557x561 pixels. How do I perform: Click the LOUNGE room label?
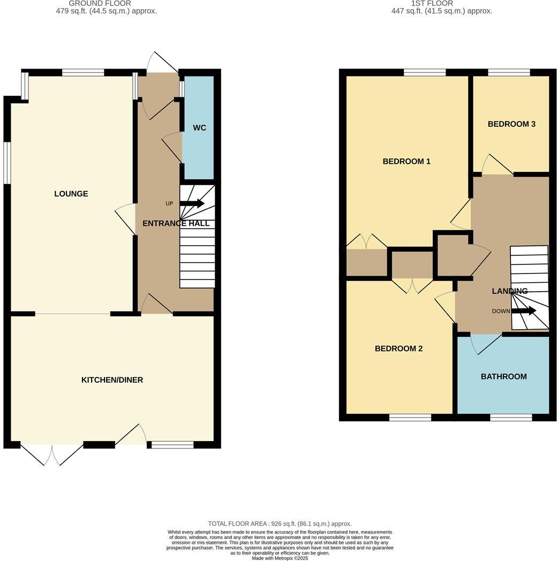point(71,194)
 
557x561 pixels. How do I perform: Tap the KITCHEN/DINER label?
point(112,380)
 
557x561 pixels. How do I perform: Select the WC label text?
point(199,128)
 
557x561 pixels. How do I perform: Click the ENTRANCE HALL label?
point(176,223)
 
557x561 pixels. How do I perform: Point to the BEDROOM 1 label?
point(407,161)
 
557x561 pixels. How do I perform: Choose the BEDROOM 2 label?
point(398,348)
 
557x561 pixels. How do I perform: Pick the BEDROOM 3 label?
point(511,124)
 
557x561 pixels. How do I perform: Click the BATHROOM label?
point(503,376)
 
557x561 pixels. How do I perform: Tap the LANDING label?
point(510,291)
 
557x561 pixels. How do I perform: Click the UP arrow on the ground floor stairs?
point(192,203)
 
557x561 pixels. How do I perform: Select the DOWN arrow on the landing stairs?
point(524,311)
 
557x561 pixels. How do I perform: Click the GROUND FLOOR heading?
point(92,3)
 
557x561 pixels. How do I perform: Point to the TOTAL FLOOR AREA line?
point(279,524)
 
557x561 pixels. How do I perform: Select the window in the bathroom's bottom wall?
point(510,417)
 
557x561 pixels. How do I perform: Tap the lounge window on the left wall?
point(7,163)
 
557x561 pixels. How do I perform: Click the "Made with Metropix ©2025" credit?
point(280,558)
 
